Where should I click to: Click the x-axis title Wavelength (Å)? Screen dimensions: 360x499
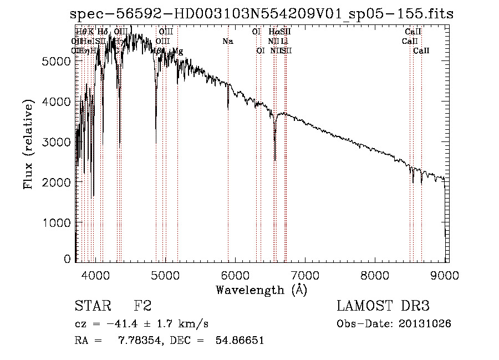(262, 290)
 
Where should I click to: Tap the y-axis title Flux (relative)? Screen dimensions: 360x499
(28, 144)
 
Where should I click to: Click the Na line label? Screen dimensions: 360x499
(228, 42)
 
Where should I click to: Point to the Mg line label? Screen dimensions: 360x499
(177, 51)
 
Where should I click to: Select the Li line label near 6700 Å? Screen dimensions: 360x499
(284, 42)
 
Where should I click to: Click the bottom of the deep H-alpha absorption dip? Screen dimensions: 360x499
(275, 160)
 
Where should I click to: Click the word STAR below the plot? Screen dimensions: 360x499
(88, 306)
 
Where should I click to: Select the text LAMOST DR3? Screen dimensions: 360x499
(383, 306)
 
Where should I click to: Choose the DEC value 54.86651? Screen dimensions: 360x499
(239, 341)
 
